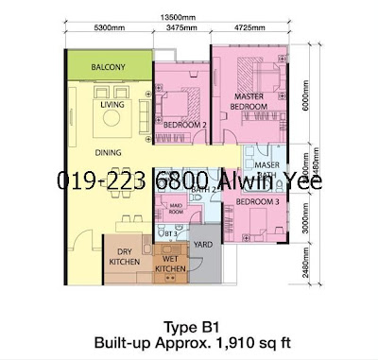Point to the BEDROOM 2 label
[x=184, y=124]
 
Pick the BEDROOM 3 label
[x=256, y=201]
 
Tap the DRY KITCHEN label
[x=120, y=255]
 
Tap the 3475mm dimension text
[x=182, y=28]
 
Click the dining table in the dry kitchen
[x=123, y=225]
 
